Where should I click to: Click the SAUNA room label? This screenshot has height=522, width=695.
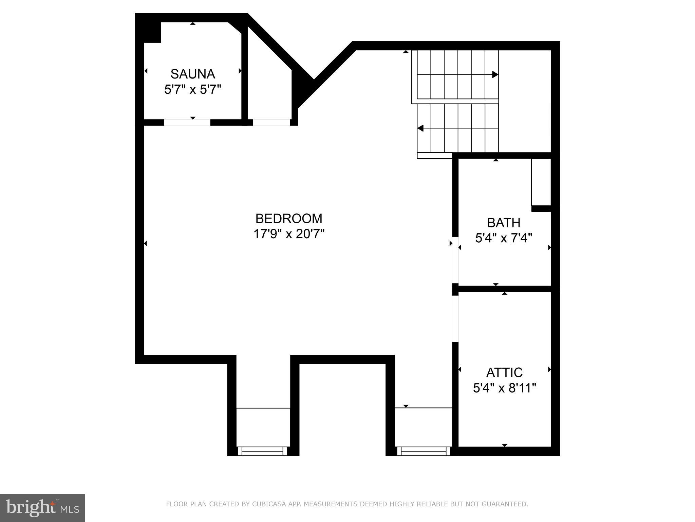click(192, 74)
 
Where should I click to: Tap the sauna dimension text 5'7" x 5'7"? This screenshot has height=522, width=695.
click(192, 90)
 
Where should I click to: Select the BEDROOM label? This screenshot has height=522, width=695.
click(289, 219)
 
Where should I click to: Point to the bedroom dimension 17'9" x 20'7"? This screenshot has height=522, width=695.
click(289, 234)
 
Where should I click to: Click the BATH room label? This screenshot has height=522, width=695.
click(504, 223)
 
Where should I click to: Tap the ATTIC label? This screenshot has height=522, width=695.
click(504, 372)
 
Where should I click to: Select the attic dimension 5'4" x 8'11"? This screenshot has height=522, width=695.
click(504, 388)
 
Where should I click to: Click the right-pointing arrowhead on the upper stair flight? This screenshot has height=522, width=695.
click(495, 74)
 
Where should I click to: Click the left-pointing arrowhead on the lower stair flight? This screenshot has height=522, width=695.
click(421, 128)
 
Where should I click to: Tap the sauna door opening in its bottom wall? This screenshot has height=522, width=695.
click(187, 122)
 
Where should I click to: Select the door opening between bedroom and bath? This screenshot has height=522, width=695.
click(455, 260)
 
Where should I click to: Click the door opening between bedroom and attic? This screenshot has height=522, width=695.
click(455, 318)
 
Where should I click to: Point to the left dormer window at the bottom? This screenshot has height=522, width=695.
click(262, 451)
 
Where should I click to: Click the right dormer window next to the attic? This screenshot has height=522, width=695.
click(424, 451)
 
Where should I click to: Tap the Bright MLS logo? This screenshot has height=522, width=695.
click(42, 508)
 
